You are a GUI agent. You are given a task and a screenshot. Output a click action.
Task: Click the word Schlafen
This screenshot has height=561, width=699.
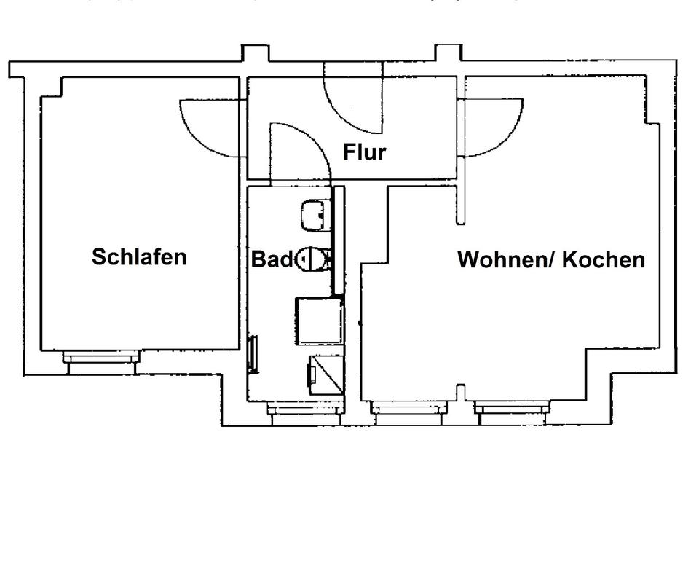[139, 257]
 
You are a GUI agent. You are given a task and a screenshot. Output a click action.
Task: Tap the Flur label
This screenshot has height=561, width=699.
[364, 152]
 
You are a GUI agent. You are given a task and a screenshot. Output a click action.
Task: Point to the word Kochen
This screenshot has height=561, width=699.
[604, 260]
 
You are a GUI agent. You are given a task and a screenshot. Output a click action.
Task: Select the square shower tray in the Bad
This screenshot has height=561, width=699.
[318, 321]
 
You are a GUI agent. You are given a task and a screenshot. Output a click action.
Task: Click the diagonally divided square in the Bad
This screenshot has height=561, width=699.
[325, 373]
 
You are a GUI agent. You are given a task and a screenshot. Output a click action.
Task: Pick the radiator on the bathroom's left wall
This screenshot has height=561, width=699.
[254, 355]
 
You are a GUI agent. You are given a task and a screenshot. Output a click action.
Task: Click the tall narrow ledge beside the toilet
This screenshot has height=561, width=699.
[337, 240]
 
